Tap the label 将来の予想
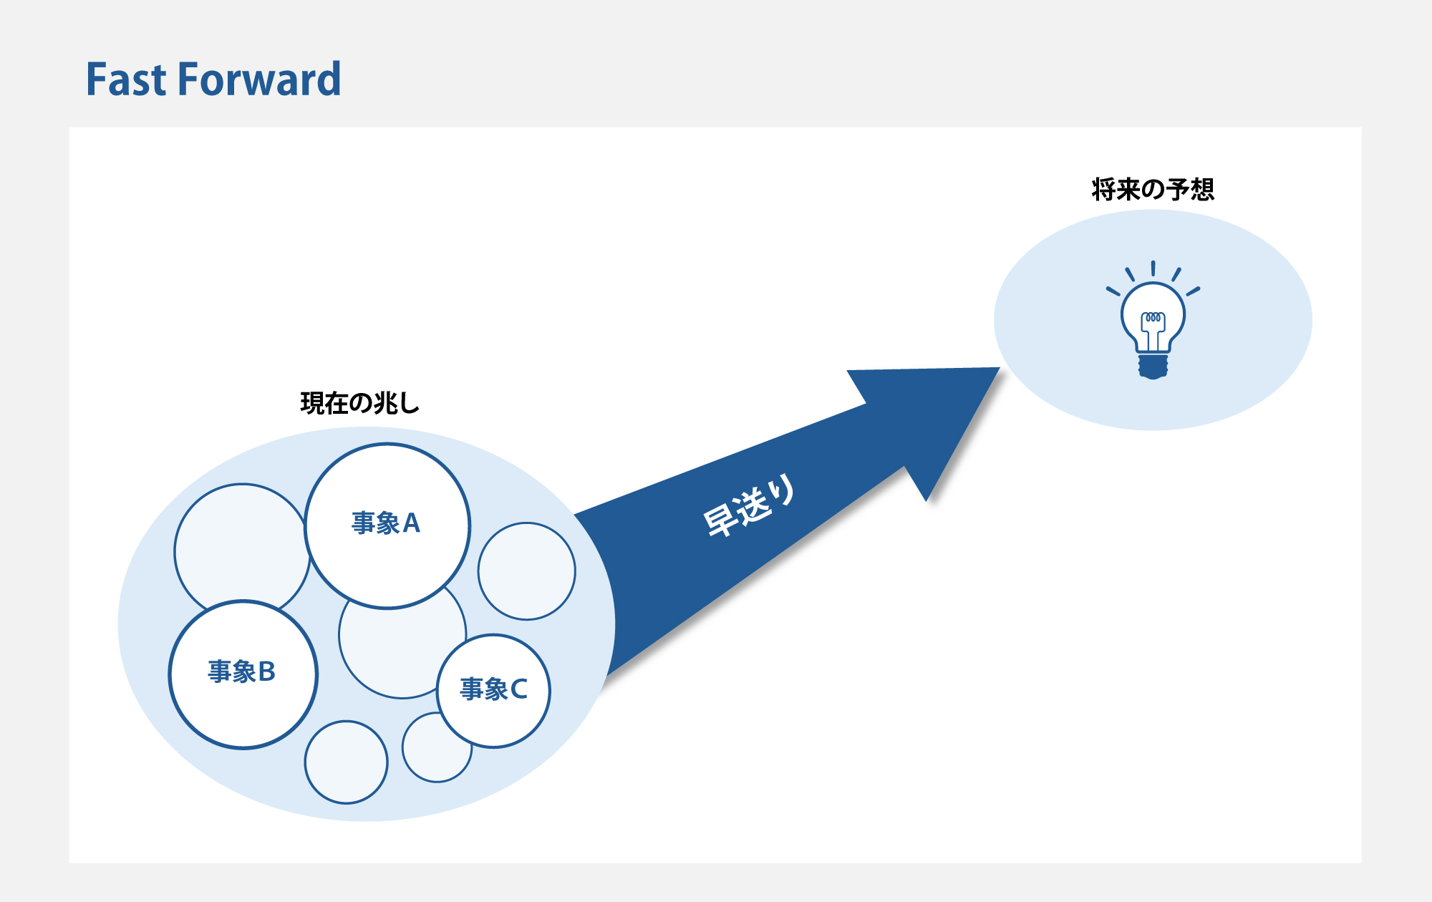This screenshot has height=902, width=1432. [1153, 189]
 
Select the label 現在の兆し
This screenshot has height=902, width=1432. [359, 403]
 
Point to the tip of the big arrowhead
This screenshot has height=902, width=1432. [1000, 368]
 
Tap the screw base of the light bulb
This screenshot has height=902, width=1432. [1153, 366]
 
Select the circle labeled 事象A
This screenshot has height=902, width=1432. [387, 526]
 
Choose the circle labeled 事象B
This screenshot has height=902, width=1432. [243, 674]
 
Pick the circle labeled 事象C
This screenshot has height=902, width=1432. [493, 691]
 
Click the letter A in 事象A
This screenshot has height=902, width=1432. [411, 523]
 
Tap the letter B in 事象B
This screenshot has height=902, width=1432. [266, 671]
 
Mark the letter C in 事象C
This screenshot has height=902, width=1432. [518, 689]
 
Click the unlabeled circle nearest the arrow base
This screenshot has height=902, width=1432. [527, 571]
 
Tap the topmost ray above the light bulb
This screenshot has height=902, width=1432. [1153, 268]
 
